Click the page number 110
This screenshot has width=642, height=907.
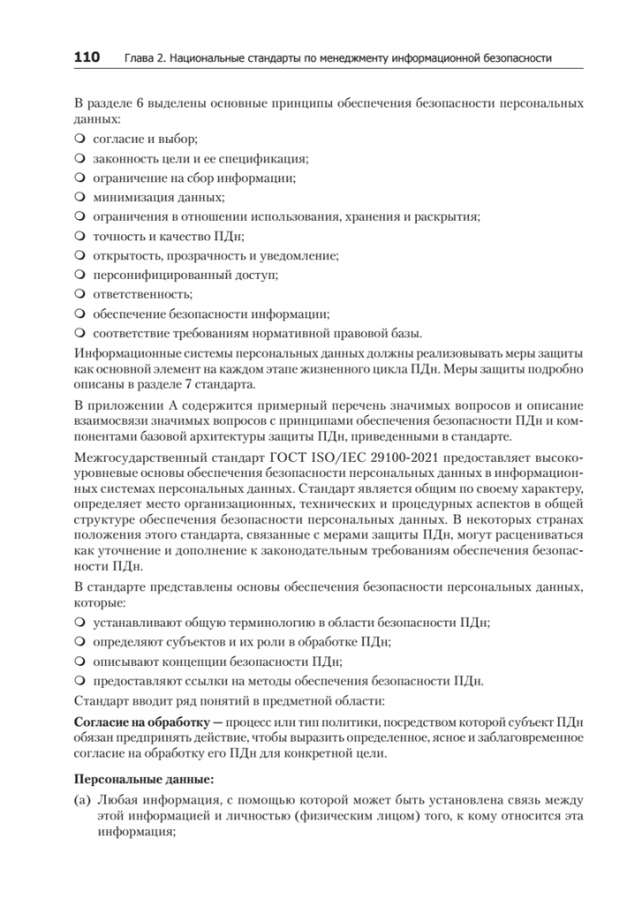click(x=87, y=57)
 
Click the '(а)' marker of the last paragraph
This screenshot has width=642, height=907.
click(x=82, y=800)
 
